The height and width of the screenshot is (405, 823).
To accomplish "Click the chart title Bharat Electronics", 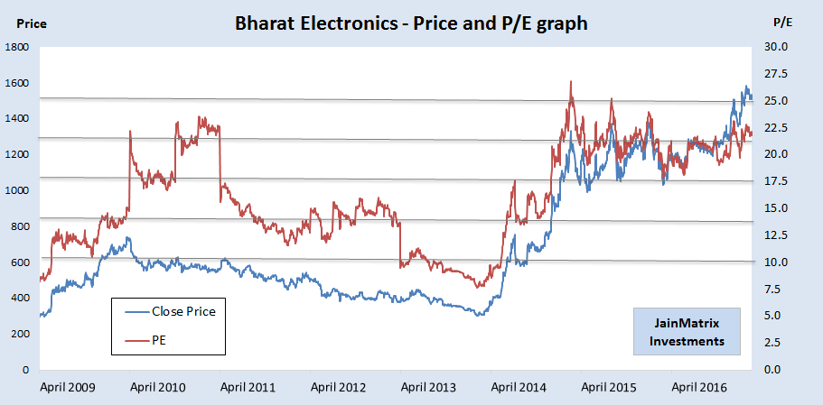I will pos(411,23).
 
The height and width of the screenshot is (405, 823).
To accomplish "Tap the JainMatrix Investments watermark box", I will pos(687,331).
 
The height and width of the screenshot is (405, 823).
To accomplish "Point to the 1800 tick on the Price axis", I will pos(18,47).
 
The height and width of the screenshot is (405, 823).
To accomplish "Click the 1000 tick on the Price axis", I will pos(18,190).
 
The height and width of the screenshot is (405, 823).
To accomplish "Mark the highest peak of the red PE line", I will pos(571,82).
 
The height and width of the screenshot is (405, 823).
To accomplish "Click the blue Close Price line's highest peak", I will pos(746,87).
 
